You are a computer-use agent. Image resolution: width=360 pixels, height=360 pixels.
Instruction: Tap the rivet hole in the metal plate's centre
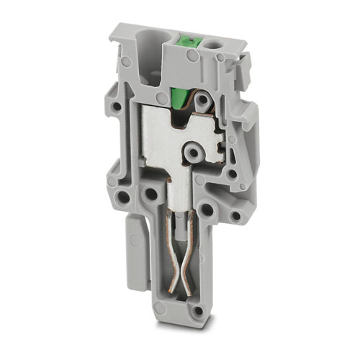pyautogui.click(x=192, y=152)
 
